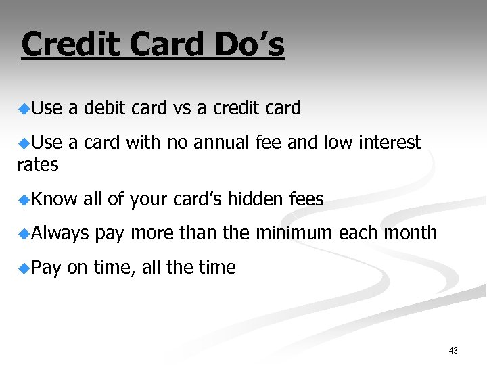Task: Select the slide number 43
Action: tap(453, 351)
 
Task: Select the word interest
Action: tap(390, 143)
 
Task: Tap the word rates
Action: tap(38, 164)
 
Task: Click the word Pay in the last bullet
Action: tap(46, 268)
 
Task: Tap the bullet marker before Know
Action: tap(24, 199)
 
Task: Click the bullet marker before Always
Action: tap(24, 233)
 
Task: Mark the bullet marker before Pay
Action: tap(24, 268)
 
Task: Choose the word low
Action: tap(338, 143)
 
